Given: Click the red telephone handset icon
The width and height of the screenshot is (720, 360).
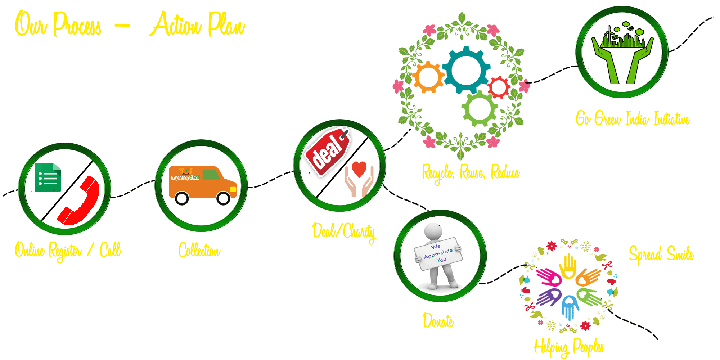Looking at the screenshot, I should pos(81,202).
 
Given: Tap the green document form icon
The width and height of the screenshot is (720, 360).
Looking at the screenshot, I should pos(48,177).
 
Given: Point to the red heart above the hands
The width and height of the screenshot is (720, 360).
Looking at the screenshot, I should pos(359,168).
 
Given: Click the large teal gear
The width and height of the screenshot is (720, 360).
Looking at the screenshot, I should pos(466,70).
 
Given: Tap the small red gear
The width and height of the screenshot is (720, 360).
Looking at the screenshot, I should pos(499,87).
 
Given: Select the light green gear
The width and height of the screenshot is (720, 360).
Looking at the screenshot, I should pos(480,108).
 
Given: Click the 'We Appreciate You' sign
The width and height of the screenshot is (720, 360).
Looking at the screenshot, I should pos(438,253).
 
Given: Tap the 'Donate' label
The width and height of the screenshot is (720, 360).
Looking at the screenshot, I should pos(438,320).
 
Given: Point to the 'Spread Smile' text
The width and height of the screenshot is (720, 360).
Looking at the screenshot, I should pos(661,254).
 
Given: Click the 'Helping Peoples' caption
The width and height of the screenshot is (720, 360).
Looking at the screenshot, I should pos(568,347).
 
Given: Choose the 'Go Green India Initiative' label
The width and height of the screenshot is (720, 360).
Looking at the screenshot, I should pos(633,118).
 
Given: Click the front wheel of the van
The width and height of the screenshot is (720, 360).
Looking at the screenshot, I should pos(223,198).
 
